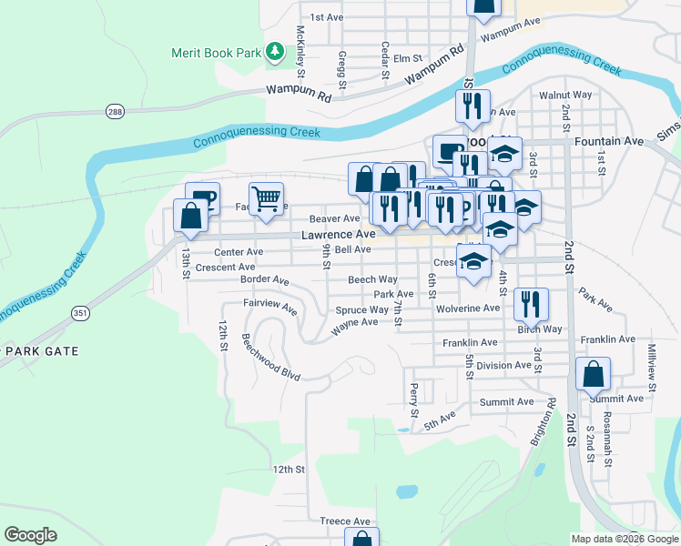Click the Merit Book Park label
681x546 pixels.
point(216,53)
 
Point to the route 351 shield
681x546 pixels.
point(80,312)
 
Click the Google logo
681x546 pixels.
point(30,535)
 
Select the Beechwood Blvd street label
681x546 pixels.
point(270,356)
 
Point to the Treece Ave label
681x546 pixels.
point(345,521)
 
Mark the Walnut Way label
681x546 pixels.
point(565,95)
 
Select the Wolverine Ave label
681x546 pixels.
point(466,308)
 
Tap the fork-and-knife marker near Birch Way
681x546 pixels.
point(531,304)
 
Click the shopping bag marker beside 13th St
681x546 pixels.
point(190,217)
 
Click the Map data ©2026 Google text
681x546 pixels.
point(624,538)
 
